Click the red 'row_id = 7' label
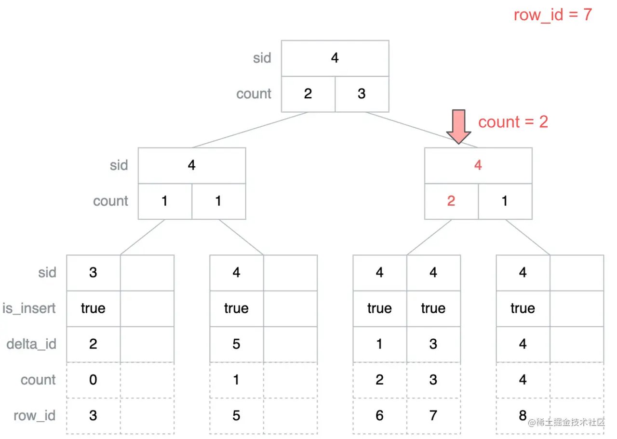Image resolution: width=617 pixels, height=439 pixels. (x=552, y=14)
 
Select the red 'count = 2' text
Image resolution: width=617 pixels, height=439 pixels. (x=513, y=122)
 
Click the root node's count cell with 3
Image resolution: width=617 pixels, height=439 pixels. (x=362, y=94)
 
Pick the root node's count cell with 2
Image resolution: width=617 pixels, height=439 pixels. (x=308, y=94)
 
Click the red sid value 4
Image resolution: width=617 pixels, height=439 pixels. (x=478, y=165)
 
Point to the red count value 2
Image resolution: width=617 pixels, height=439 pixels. (x=451, y=201)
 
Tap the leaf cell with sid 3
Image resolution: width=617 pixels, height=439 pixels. (x=93, y=273)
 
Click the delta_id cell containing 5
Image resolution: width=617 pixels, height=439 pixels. (x=236, y=344)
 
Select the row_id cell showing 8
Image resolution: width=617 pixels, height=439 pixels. (x=523, y=415)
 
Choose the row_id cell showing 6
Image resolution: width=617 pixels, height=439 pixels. (x=379, y=415)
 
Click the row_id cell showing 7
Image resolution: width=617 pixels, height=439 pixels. (x=433, y=415)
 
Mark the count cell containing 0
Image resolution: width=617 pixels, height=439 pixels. (x=93, y=380)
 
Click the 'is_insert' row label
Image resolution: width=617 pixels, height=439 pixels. (x=29, y=308)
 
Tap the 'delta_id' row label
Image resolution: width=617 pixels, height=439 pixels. (x=31, y=344)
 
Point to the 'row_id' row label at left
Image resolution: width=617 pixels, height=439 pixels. (x=34, y=415)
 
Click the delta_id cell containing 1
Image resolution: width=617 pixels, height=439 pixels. (x=379, y=344)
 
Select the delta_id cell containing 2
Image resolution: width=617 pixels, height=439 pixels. (x=93, y=344)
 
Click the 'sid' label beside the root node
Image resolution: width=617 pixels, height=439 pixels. (x=262, y=58)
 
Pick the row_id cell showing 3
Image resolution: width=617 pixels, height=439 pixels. (x=93, y=415)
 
